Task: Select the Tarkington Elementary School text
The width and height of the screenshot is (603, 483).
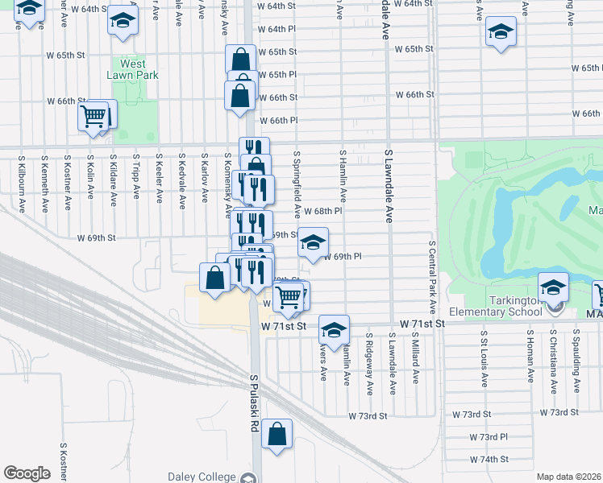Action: [495, 312]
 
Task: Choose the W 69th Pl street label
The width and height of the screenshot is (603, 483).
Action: [341, 257]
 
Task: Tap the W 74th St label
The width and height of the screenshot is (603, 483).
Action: [489, 460]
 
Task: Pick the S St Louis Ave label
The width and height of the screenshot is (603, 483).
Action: [484, 359]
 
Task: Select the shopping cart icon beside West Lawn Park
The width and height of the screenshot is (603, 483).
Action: [94, 117]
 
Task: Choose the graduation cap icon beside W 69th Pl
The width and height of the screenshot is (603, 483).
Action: [313, 242]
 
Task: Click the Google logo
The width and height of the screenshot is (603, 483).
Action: [27, 473]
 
